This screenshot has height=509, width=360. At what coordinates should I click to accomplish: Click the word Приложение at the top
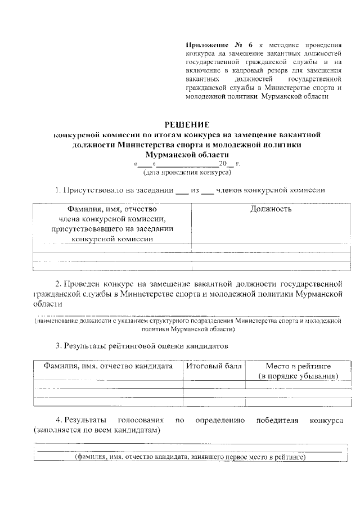click(204, 44)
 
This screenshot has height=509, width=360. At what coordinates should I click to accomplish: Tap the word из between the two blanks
click(195, 190)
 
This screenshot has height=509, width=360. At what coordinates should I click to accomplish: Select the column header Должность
click(271, 209)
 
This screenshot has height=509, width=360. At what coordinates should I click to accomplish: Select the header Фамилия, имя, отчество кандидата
click(109, 366)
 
